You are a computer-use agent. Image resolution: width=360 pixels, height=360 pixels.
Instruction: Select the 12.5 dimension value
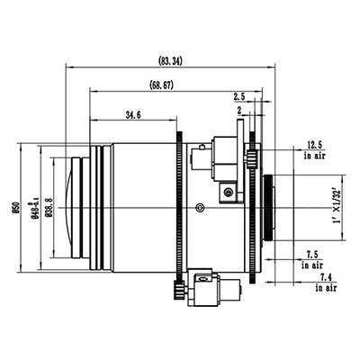pyautogui.click(x=314, y=145)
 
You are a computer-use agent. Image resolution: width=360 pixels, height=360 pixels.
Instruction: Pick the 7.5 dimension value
pyautogui.click(x=312, y=254)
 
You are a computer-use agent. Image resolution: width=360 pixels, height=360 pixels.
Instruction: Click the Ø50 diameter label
pyautogui.click(x=15, y=207)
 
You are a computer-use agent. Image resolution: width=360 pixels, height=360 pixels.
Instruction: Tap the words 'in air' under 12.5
pyautogui.click(x=314, y=156)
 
